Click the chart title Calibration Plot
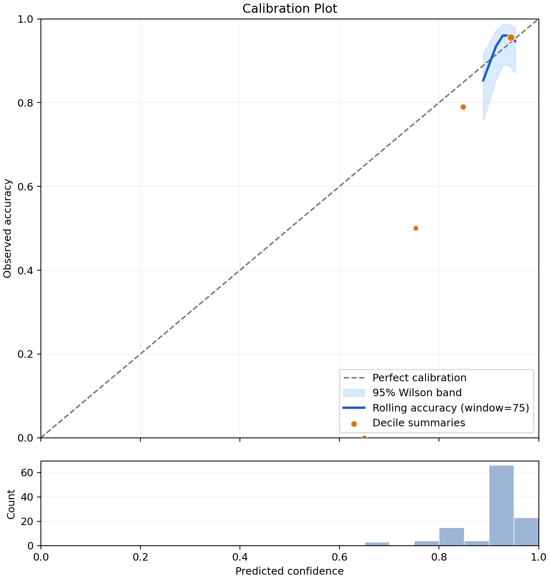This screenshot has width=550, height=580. click(289, 9)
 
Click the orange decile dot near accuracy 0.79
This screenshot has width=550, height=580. click(463, 107)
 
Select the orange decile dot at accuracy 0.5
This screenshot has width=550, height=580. click(415, 228)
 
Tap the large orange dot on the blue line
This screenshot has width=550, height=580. click(511, 38)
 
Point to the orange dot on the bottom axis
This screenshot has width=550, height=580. click(364, 437)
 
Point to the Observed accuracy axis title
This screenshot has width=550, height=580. click(7, 228)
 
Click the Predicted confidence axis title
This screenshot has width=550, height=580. click(289, 571)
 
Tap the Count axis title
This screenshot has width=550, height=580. click(11, 504)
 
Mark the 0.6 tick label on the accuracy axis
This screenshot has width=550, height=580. click(25, 186)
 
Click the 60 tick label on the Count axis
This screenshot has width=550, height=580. click(27, 473)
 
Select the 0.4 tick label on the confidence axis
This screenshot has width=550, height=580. click(240, 557)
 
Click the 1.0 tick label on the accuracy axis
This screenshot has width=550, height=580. click(25, 19)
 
